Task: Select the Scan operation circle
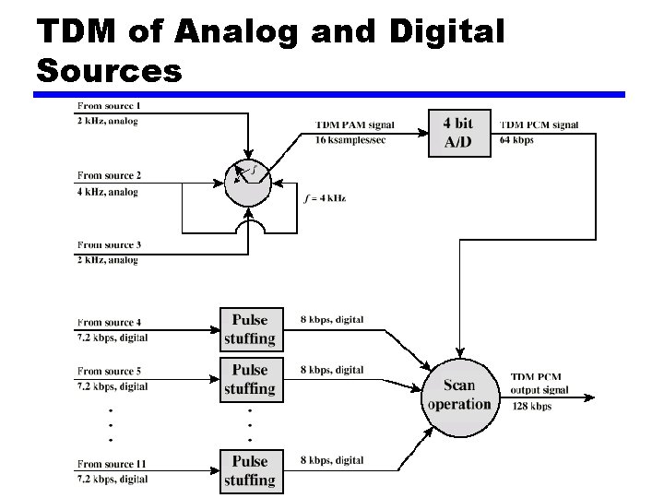tap(458, 395)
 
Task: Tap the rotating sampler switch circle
tap(247, 181)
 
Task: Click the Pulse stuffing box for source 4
tap(249, 329)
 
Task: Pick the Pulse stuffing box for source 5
tap(249, 379)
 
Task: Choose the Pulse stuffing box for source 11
tap(249, 470)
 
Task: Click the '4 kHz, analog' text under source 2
tap(108, 192)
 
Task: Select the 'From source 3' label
tap(109, 244)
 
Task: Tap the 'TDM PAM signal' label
tap(355, 125)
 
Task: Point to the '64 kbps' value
tap(516, 140)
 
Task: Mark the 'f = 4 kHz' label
tap(325, 198)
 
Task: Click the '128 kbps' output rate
tap(531, 407)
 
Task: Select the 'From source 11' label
tap(112, 464)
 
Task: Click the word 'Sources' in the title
tap(110, 70)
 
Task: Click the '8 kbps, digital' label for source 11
tap(332, 459)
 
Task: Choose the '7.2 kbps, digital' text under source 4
tap(113, 338)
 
